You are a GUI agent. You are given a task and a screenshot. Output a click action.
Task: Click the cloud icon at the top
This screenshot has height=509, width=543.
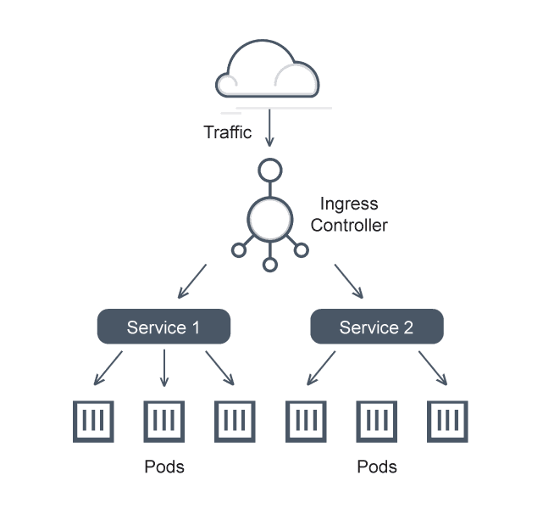(269, 71)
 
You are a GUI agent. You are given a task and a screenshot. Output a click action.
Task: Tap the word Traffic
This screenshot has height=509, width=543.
(228, 132)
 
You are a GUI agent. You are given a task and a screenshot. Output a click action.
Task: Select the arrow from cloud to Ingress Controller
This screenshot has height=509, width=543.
(269, 129)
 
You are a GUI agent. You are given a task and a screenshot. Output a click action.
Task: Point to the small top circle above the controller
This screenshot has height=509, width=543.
(269, 170)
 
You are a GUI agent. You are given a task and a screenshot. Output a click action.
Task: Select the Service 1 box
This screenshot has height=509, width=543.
(163, 327)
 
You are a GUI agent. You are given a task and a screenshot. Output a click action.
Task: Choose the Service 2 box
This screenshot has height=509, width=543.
(376, 327)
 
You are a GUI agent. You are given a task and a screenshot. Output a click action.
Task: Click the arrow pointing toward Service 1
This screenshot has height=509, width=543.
(192, 282)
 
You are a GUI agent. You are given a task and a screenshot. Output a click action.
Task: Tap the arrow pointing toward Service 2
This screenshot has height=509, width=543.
(349, 282)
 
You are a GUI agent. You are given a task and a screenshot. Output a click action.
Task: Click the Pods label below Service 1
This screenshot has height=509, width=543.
(163, 467)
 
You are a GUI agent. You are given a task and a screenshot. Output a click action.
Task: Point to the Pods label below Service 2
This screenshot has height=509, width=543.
(376, 467)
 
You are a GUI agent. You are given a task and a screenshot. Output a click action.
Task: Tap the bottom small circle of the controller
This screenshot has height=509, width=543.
(269, 265)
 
